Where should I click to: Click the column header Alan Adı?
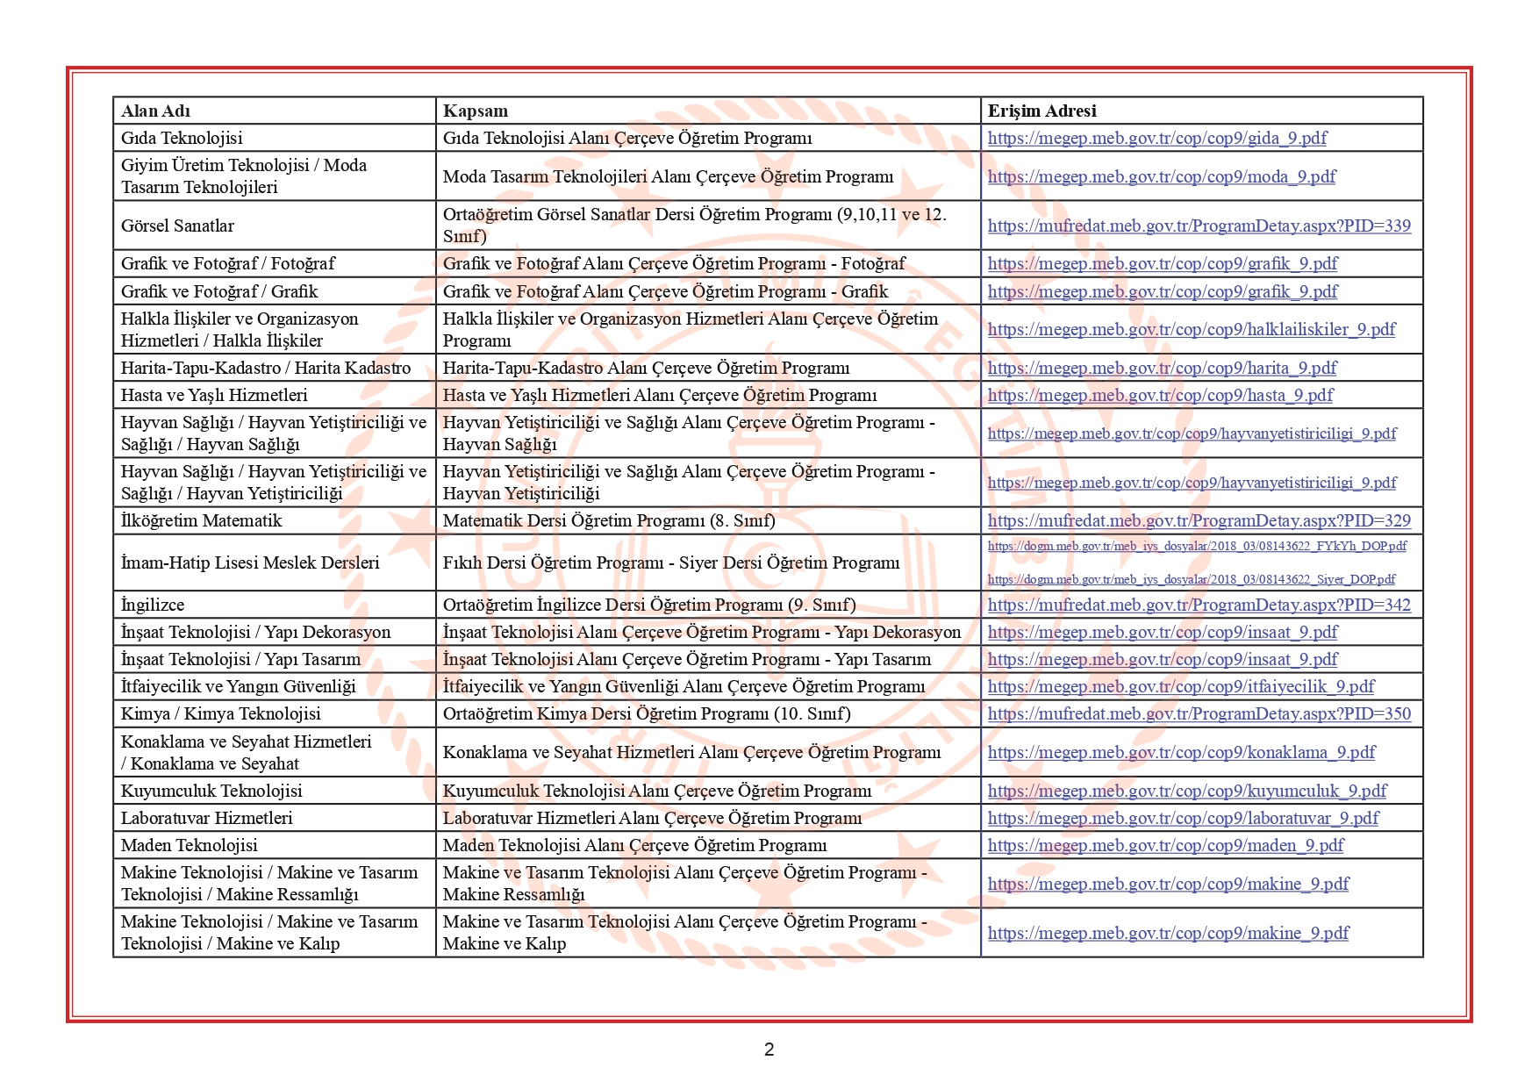click(155, 111)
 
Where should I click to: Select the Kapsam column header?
click(475, 111)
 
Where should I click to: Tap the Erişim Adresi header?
click(1042, 111)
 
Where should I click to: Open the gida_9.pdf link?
click(1156, 138)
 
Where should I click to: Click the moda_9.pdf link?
click(1161, 176)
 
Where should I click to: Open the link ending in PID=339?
click(1199, 226)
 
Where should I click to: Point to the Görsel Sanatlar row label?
click(177, 226)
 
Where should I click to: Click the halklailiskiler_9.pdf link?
click(1191, 329)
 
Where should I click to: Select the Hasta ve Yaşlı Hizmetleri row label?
click(214, 395)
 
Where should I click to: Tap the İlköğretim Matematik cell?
click(201, 520)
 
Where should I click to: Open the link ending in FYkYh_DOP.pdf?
click(1196, 546)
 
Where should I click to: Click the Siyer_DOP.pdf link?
click(1191, 579)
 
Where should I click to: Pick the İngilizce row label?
click(153, 605)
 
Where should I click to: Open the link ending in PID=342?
click(1199, 605)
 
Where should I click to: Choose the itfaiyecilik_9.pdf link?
click(1180, 686)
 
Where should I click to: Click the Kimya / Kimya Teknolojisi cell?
click(220, 713)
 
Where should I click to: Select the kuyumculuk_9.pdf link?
click(1186, 791)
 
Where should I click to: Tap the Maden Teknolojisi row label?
click(189, 845)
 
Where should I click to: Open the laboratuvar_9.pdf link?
click(1183, 818)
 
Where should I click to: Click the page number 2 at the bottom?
click(769, 1050)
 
